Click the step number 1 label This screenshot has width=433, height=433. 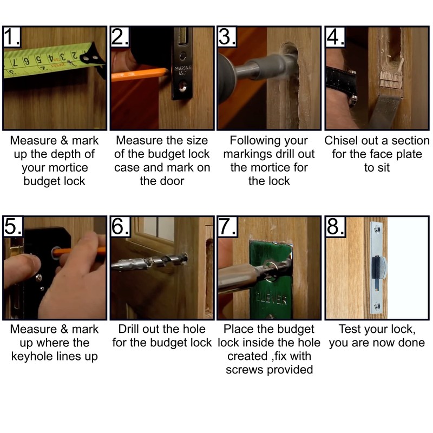12,36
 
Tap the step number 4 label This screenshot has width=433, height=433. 335,36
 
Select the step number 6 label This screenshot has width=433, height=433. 120,226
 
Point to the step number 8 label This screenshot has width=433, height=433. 335,226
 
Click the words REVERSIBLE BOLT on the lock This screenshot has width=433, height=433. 182,70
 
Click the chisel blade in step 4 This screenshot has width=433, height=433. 385,110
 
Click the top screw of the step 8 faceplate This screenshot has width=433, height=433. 377,228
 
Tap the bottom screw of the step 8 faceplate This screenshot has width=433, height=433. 377,306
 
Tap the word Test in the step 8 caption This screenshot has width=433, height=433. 349,329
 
